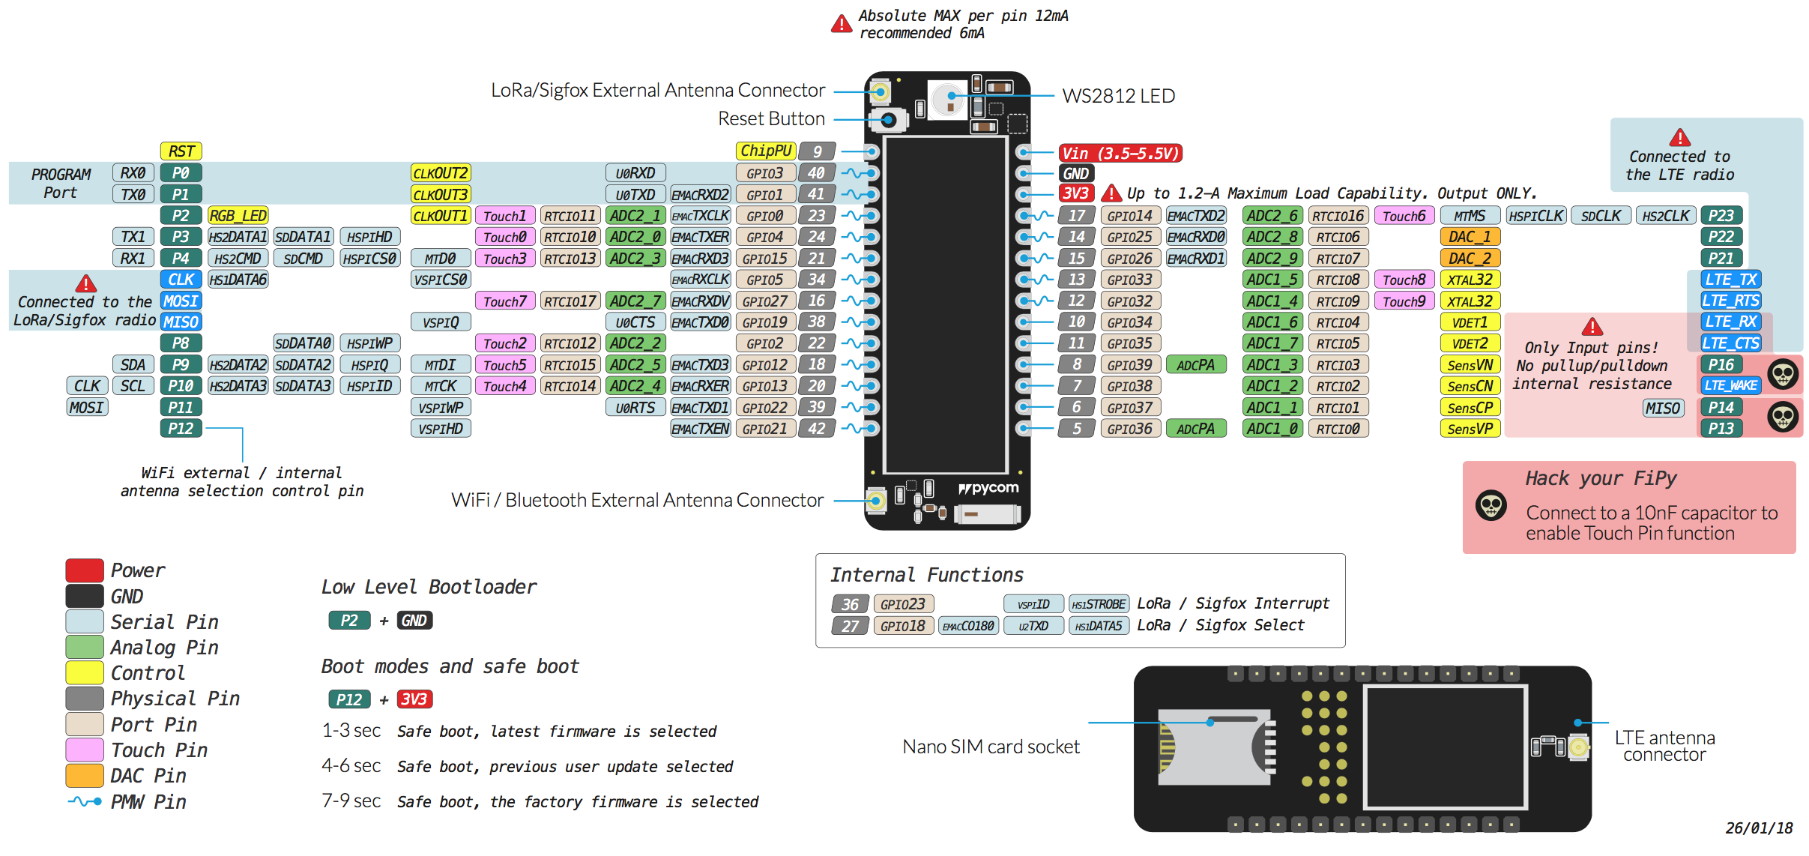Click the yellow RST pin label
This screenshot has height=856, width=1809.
[181, 151]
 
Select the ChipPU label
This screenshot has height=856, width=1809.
[765, 151]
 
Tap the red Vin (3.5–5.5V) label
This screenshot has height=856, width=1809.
[1120, 153]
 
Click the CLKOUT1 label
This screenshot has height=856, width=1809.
[441, 216]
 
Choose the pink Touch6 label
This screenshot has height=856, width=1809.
[1404, 216]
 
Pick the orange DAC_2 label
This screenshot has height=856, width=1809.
[1470, 259]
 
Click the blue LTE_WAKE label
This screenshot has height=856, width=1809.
[1730, 385]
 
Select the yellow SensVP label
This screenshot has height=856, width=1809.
[1470, 429]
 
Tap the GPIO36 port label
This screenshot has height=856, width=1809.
[1130, 429]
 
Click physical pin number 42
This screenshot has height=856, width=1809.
[816, 429]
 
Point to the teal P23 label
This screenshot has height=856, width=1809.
[1721, 216]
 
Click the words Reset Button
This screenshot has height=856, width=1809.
[771, 118]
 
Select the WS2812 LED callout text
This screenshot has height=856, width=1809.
[1118, 96]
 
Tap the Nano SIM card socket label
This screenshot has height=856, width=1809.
[991, 747]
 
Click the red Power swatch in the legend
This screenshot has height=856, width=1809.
[85, 570]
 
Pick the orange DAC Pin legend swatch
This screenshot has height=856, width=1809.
[85, 776]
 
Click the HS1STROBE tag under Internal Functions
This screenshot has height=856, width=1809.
[1099, 604]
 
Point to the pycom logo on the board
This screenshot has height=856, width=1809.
[988, 488]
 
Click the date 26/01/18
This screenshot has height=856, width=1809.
[1759, 828]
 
